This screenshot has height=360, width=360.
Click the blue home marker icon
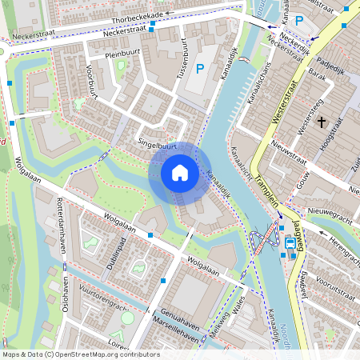[180, 173]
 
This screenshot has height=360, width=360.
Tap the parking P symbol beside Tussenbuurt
[200, 70]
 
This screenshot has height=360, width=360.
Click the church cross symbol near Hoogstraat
[322, 122]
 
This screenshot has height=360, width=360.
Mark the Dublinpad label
[111, 254]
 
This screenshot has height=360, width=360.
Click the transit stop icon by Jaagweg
[290, 244]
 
